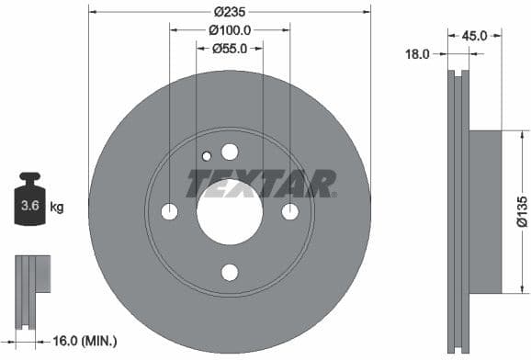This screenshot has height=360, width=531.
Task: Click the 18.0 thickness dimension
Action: click(418, 54)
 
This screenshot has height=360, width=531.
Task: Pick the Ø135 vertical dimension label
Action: click(520, 211)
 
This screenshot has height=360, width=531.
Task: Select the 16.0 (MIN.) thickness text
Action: click(86, 340)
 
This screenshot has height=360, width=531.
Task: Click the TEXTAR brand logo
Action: click(261, 183)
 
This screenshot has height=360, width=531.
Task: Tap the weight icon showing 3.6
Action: click(29, 203)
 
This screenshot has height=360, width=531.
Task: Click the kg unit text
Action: click(57, 208)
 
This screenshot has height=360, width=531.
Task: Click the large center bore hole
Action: click(230, 212)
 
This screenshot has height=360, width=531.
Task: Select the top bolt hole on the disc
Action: click(230, 152)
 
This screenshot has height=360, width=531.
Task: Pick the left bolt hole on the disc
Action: click(169, 212)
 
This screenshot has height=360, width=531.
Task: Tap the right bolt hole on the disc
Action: click(290, 212)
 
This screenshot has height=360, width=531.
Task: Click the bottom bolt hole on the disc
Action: click(230, 272)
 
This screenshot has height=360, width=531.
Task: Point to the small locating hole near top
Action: click(206, 155)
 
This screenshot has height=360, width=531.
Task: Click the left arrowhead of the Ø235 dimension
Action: click(93, 12)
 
